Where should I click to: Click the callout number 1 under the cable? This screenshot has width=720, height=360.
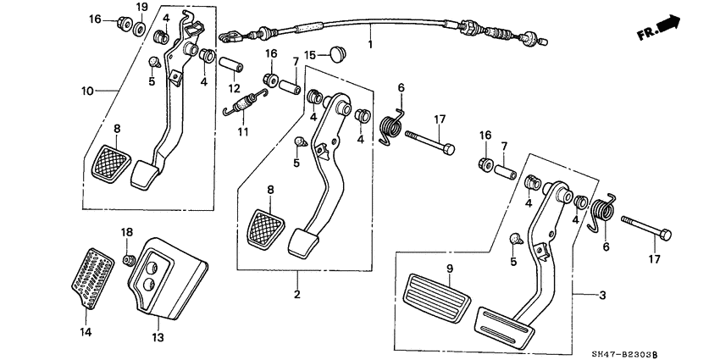coord(370,42)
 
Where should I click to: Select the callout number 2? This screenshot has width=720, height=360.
coord(297,295)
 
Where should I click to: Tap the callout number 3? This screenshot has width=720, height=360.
coord(602,294)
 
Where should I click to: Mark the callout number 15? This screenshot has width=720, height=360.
coord(311,55)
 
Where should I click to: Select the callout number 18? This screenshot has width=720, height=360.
coord(126,232)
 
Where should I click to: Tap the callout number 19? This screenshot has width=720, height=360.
coord(141,7)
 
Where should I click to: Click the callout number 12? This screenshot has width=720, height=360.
coord(235,87)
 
